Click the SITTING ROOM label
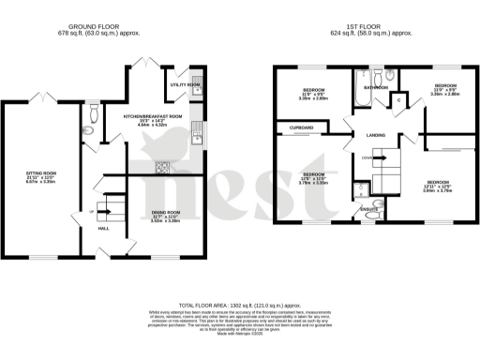[x=40, y=173]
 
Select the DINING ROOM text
[x=165, y=213]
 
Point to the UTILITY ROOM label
[x=185, y=84]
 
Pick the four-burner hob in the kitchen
[x=160, y=168]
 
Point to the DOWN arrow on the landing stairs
[x=368, y=157]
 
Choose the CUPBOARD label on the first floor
[x=301, y=127]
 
